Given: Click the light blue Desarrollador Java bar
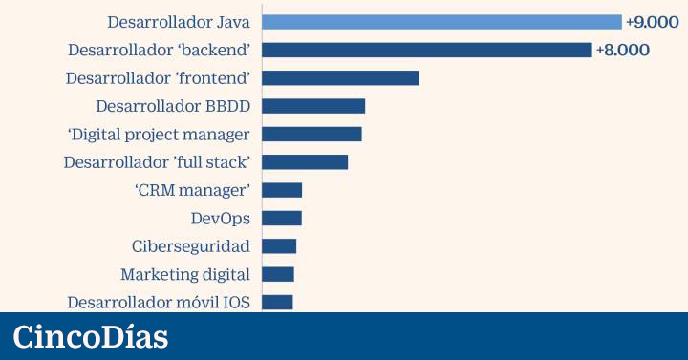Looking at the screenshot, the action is pyautogui.click(x=441, y=22).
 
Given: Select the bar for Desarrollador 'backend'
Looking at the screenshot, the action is pyautogui.click(x=427, y=50).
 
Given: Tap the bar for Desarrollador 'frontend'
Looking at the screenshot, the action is pyautogui.click(x=340, y=78).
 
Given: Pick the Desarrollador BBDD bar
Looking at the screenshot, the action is pyautogui.click(x=313, y=106).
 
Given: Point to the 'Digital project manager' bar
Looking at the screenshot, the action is pyautogui.click(x=312, y=135).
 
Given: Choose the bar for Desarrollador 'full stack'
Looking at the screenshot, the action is pyautogui.click(x=305, y=162).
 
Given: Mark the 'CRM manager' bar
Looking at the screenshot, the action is pyautogui.click(x=282, y=190).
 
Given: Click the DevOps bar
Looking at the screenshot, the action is pyautogui.click(x=282, y=219).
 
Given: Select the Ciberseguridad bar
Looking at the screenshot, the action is pyautogui.click(x=279, y=246).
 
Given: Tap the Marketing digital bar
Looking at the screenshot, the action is pyautogui.click(x=278, y=274).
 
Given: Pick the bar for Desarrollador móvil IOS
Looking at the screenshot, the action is pyautogui.click(x=278, y=302).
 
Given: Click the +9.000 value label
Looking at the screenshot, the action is pyautogui.click(x=652, y=22).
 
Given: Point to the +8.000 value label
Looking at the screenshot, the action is pyautogui.click(x=623, y=50).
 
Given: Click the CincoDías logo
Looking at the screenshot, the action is pyautogui.click(x=91, y=337).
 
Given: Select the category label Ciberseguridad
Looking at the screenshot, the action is pyautogui.click(x=191, y=246).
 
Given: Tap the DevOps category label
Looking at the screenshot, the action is pyautogui.click(x=221, y=219).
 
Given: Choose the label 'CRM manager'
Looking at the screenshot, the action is pyautogui.click(x=192, y=191).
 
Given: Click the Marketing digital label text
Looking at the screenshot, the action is pyautogui.click(x=185, y=275).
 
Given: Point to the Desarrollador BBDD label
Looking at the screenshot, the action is pyautogui.click(x=173, y=106).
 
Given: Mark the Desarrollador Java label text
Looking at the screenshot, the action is pyautogui.click(x=179, y=22).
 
